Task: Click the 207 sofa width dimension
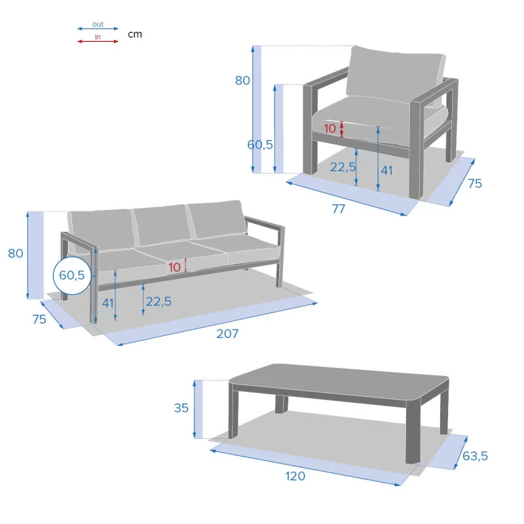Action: [227, 333]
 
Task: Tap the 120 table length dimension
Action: [295, 476]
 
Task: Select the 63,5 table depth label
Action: [475, 456]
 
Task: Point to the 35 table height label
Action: [181, 407]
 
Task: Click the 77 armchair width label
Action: [338, 209]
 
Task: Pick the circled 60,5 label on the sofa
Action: [72, 275]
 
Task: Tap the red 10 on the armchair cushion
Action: [330, 128]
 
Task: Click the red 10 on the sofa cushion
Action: [174, 267]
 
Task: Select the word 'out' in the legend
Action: [98, 24]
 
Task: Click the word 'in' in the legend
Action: [98, 37]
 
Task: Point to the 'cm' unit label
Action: [135, 34]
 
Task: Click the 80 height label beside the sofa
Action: [15, 253]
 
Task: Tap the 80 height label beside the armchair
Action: [242, 81]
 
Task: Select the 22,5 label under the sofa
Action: [159, 301]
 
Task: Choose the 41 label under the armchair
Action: [386, 170]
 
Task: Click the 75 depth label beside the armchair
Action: [475, 183]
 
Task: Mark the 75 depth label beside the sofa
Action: [39, 319]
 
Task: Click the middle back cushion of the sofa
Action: [162, 225]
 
